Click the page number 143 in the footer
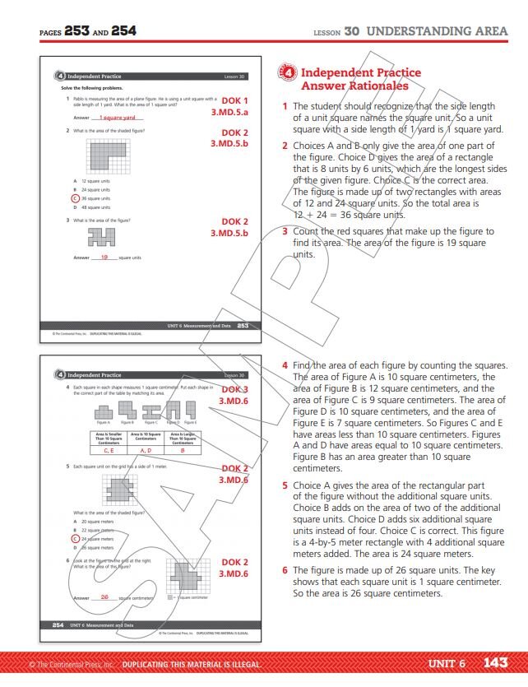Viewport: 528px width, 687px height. click(496, 663)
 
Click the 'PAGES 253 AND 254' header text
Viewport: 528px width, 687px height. click(88, 31)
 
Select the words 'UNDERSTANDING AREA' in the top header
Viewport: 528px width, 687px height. click(437, 31)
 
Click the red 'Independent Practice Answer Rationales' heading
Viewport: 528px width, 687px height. click(360, 79)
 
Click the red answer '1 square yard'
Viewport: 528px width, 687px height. click(117, 118)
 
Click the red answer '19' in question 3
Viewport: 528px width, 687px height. click(104, 258)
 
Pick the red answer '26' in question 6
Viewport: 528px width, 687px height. click(104, 596)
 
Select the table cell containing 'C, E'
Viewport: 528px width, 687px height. click(109, 450)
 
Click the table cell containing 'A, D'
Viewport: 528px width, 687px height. click(146, 450)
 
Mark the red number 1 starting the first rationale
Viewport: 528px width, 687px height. click(285, 106)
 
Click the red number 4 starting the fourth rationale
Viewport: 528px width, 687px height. click(285, 365)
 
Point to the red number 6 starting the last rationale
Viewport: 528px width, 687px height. click(285, 569)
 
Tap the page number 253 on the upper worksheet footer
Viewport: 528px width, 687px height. click(243, 326)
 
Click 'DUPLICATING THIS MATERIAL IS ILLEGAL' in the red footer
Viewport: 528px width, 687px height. click(191, 664)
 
